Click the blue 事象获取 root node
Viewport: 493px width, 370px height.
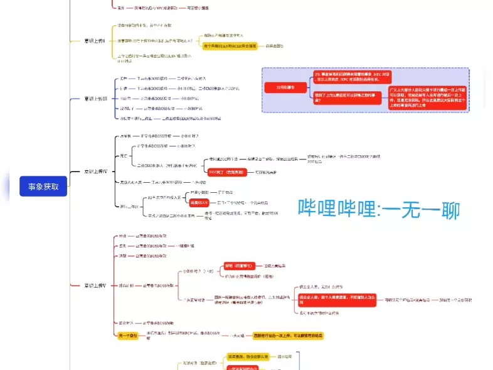43,186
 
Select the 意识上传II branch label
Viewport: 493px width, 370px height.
95,41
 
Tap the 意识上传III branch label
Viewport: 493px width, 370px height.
95,99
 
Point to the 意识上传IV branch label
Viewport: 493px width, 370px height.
95,171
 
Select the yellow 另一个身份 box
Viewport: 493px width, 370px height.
128,336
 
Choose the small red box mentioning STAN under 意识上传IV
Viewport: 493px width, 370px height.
199,203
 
